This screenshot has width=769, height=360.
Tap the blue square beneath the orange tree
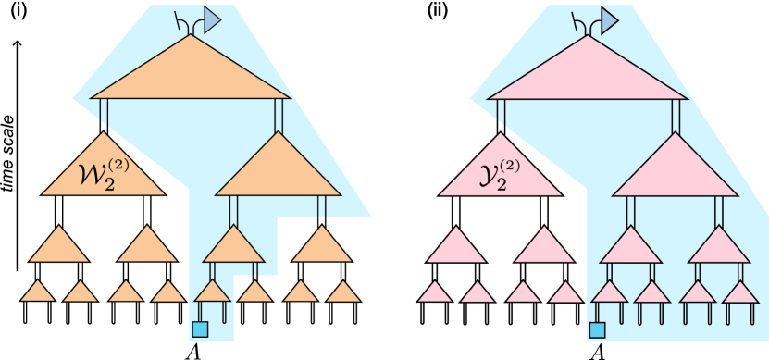pos(200,329)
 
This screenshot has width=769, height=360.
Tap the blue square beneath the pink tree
pos(597,329)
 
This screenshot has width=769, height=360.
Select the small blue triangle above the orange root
pos(212,19)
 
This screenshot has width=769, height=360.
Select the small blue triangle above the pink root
pos(610,19)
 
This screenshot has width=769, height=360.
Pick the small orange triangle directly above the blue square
pos(212,292)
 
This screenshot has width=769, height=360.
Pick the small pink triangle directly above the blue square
pos(609,292)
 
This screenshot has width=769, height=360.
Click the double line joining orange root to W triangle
pos(104,114)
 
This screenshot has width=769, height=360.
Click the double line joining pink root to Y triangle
pos(501,114)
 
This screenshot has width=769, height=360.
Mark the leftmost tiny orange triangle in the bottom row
pos(37,292)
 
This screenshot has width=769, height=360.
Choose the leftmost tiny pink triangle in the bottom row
pos(434,293)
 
